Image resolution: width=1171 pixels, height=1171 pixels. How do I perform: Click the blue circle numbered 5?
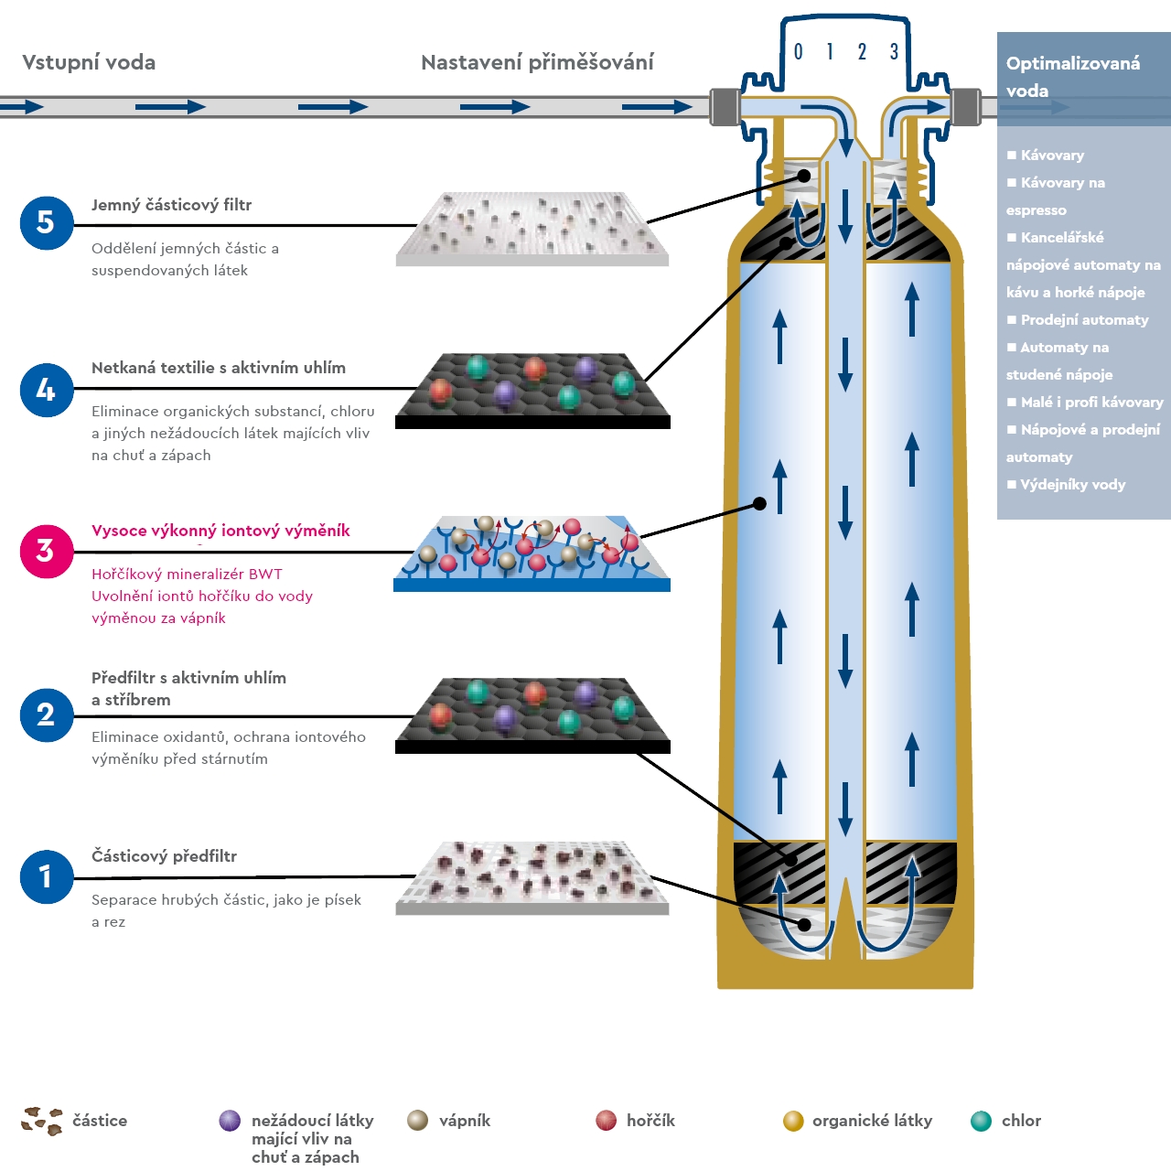coord(46,222)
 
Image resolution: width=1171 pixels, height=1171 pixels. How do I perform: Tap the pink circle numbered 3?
coord(46,551)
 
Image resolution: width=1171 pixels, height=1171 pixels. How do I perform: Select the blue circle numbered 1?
coord(46,876)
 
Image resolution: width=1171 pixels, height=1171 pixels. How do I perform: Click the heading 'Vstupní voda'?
coord(89,62)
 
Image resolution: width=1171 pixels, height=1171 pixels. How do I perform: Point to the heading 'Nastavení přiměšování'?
coord(537,62)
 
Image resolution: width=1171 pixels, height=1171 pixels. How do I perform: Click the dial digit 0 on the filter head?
coord(798,52)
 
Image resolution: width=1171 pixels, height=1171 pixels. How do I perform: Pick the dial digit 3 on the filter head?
coord(894,52)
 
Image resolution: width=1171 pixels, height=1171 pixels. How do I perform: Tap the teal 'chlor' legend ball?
coord(981,1121)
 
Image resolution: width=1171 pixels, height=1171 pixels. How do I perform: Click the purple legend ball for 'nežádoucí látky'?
coord(230,1121)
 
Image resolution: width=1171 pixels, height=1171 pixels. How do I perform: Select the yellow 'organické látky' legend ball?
coord(793,1121)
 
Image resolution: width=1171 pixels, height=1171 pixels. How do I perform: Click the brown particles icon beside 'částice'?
coord(42,1121)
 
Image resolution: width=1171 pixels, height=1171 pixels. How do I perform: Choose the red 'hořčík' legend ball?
coord(606,1121)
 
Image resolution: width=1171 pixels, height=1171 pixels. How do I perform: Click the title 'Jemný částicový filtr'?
coord(171,205)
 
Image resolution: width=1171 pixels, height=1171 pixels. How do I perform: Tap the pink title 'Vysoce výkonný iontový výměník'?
coord(220,531)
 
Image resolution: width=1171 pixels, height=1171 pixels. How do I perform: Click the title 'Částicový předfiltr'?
coord(164,856)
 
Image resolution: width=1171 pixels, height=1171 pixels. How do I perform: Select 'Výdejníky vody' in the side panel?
coord(1072,485)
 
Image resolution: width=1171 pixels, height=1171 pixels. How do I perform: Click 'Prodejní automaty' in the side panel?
coord(1084,320)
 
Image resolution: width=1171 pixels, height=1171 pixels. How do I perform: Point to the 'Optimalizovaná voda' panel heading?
coord(1072,77)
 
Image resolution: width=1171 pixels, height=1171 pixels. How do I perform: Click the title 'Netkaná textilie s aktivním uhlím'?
coord(219,368)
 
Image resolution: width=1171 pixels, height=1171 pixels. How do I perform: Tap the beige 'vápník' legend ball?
coord(418,1121)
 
